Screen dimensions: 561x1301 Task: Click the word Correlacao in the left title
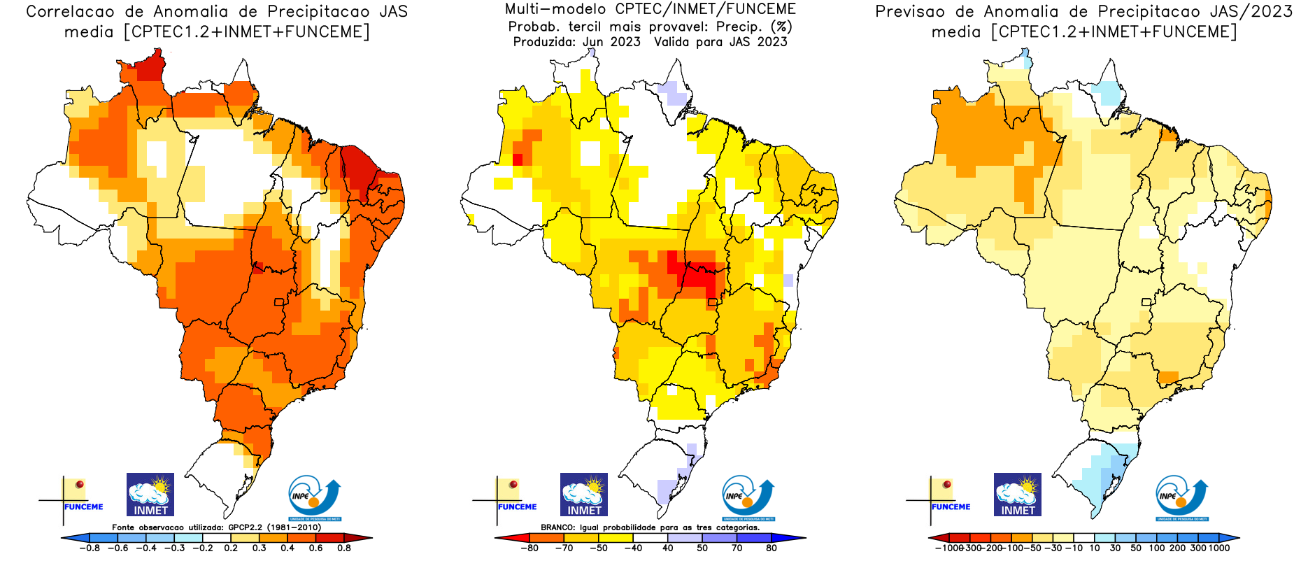[x=70, y=12]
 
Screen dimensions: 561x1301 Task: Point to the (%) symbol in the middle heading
[x=781, y=27]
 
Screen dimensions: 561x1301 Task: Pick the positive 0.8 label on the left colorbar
[x=343, y=548]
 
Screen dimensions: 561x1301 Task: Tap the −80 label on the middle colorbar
[x=529, y=548]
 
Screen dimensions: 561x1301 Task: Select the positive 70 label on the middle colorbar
[x=737, y=548]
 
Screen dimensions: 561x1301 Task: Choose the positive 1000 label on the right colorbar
[x=1218, y=548]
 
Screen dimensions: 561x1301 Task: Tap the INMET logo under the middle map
[x=584, y=495]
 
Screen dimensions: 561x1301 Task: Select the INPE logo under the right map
[x=1182, y=497]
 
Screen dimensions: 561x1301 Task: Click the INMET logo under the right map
[x=1018, y=495]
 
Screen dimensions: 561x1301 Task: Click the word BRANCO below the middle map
[x=557, y=527]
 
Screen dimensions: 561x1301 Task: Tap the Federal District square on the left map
[x=279, y=302]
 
